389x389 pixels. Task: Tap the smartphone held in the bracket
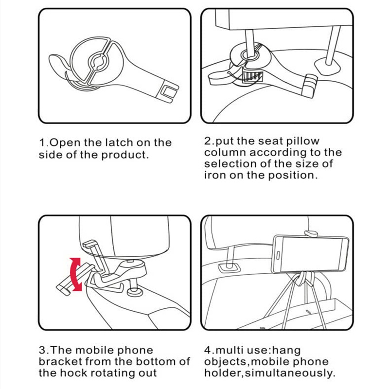pyautogui.click(x=311, y=254)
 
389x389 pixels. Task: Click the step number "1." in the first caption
pyautogui.click(x=44, y=142)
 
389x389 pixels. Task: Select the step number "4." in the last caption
pyautogui.click(x=210, y=350)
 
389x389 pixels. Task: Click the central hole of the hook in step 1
pyautogui.click(x=99, y=61)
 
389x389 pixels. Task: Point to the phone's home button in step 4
pyautogui.click(x=278, y=255)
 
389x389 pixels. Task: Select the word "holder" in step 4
pyautogui.click(x=223, y=373)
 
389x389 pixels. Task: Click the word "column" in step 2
pyautogui.click(x=225, y=152)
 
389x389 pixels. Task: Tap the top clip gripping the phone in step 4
pyautogui.click(x=311, y=233)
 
